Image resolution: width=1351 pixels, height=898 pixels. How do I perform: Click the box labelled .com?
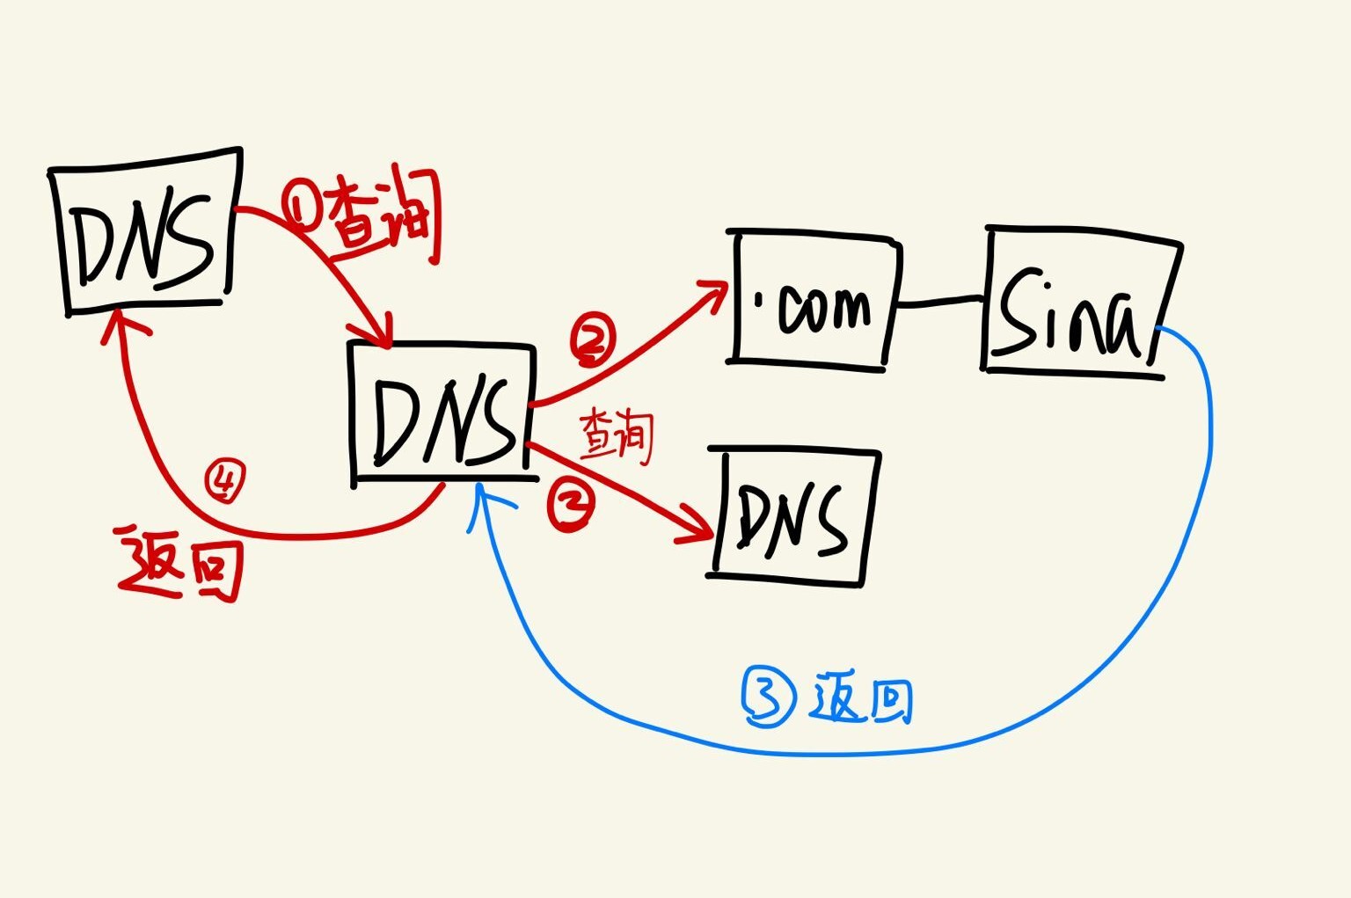pyautogui.click(x=814, y=299)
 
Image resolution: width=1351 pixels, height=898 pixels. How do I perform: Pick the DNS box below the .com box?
pyautogui.click(x=793, y=517)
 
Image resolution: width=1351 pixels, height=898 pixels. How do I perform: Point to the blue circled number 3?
pyautogui.click(x=769, y=697)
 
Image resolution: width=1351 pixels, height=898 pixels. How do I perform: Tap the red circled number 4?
pyautogui.click(x=224, y=480)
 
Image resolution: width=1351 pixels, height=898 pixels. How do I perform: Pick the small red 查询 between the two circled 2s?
pyautogui.click(x=617, y=435)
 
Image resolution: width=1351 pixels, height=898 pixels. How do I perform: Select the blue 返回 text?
pyautogui.click(x=863, y=698)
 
